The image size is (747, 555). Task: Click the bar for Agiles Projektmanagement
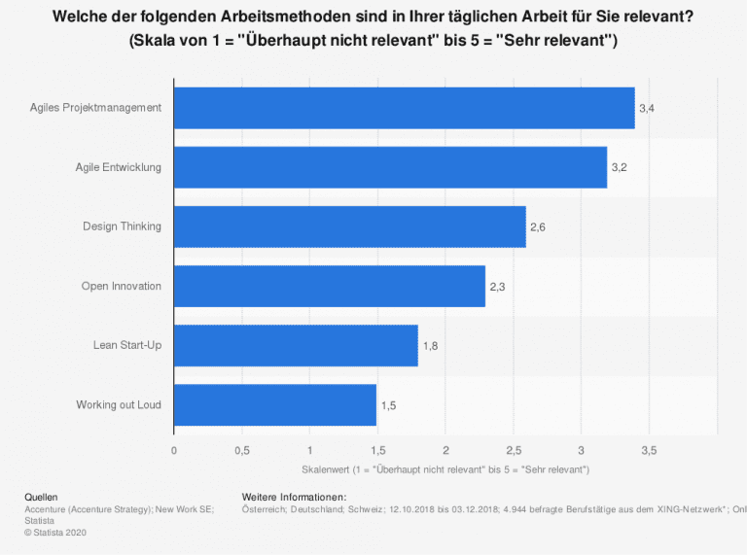pyautogui.click(x=404, y=108)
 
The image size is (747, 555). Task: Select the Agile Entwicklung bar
pyautogui.click(x=390, y=167)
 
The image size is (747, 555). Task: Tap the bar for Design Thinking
pyautogui.click(x=349, y=226)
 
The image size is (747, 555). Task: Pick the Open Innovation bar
pyautogui.click(x=329, y=286)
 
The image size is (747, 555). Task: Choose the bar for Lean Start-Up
pyautogui.click(x=295, y=345)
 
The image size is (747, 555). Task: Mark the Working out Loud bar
pyautogui.click(x=274, y=404)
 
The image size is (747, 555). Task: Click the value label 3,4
pyautogui.click(x=646, y=108)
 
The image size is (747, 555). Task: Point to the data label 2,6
pyautogui.click(x=537, y=227)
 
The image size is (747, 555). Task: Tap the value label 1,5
pyautogui.click(x=388, y=405)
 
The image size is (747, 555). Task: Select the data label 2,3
pyautogui.click(x=497, y=287)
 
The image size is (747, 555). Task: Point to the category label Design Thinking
pyautogui.click(x=122, y=226)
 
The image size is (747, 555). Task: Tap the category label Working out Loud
pyautogui.click(x=119, y=404)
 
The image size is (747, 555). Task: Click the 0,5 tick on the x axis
pyautogui.click(x=241, y=450)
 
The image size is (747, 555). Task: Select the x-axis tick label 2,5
pyautogui.click(x=513, y=450)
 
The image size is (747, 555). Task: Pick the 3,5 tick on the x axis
pyautogui.click(x=649, y=450)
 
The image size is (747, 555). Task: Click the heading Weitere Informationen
pyautogui.click(x=292, y=498)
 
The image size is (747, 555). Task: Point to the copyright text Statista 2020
pyautogui.click(x=58, y=531)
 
